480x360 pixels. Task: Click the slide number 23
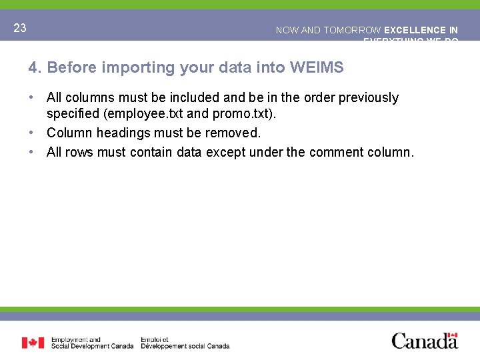pos(20,28)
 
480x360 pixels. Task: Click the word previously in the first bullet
pos(369,98)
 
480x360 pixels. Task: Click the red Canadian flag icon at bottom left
pos(33,343)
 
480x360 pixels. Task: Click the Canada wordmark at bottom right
pos(425,342)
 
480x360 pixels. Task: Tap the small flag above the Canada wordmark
pos(453,335)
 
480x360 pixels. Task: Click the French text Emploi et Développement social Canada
pos(185,343)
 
